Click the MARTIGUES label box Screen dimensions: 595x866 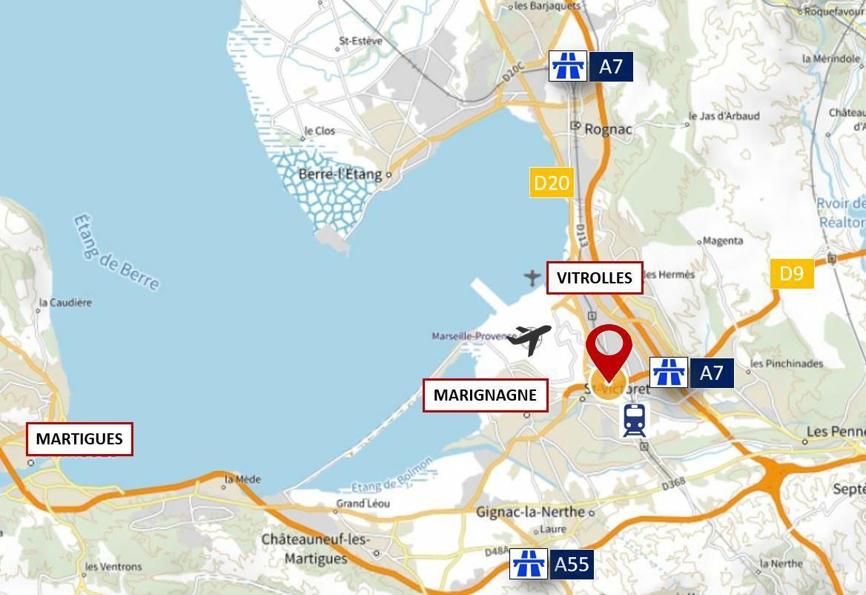pos(79,438)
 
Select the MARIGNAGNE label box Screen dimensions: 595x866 pos(485,395)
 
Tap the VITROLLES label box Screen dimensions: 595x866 pos(595,277)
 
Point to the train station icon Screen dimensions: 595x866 pos(634,420)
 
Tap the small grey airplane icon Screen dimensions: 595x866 pos(532,277)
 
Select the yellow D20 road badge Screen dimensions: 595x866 pos(552,183)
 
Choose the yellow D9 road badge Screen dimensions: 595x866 pos(792,274)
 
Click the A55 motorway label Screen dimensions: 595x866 pos(572,565)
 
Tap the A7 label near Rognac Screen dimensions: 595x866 pos(611,67)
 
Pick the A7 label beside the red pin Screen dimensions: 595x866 pos(712,372)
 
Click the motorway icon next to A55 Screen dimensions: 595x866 pos(529,565)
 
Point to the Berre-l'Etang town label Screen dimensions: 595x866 pos(340,175)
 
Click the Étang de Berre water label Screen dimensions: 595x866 pos(116,252)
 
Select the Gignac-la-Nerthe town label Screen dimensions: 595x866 pos(531,512)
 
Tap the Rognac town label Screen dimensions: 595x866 pos(608,129)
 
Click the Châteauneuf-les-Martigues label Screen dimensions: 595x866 pos(315,549)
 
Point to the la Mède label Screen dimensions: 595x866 pos(243,479)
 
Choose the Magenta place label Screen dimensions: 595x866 pos(722,240)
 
